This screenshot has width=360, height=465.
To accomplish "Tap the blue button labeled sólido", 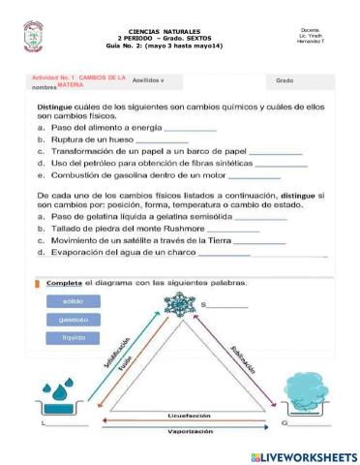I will click(x=74, y=301).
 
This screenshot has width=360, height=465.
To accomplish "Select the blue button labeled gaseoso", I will click(x=74, y=319).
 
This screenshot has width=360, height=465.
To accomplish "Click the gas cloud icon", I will click(x=305, y=395).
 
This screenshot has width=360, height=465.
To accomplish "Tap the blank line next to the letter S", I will click(x=229, y=305).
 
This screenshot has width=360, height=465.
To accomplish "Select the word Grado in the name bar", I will click(x=285, y=80).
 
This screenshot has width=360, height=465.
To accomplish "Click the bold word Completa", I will click(x=64, y=283).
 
